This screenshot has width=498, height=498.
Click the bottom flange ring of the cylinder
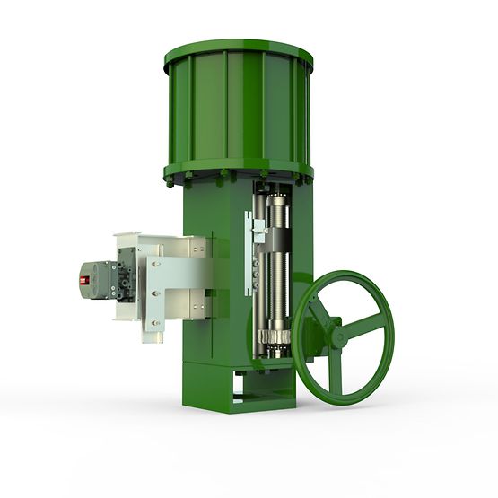(238, 171)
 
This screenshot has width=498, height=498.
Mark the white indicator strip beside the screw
(249, 251)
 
